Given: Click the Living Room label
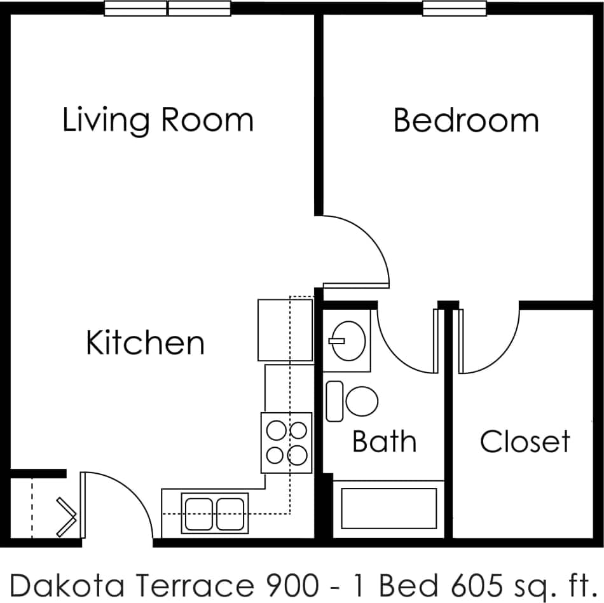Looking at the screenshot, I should click(x=158, y=120).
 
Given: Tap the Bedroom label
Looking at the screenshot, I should click(x=465, y=120).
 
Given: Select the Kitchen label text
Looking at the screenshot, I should click(x=145, y=343).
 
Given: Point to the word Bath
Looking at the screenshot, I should click(x=384, y=441).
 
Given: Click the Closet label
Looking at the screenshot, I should click(x=525, y=441).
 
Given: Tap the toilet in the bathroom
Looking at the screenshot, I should click(x=360, y=401).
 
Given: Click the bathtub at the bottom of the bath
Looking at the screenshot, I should click(x=389, y=508).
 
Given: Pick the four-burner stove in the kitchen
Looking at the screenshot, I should click(x=286, y=443).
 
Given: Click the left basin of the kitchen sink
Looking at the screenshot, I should click(x=200, y=513).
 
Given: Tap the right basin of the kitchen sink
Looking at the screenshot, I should click(x=230, y=513).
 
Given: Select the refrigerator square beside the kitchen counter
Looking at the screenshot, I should click(x=285, y=330).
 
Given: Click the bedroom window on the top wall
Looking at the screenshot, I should click(x=455, y=8).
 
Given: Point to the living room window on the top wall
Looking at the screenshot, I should click(x=167, y=8).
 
